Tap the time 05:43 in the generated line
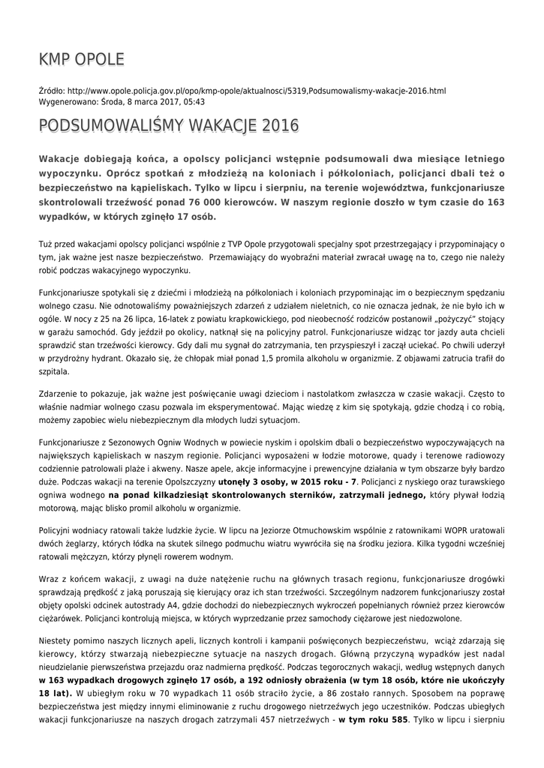click(194, 101)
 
